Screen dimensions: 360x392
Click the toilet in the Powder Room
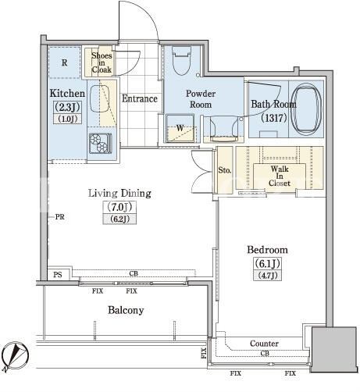(181, 61)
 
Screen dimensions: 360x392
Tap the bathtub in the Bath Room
(306, 109)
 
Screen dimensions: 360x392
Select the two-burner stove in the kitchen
(100, 143)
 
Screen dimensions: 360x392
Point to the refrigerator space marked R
(64, 62)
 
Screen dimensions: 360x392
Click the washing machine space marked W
(180, 128)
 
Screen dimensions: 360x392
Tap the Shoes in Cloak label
(102, 62)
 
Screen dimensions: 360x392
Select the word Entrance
(140, 98)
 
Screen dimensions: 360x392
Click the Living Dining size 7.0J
(119, 207)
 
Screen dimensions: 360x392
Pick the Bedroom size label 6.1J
(267, 264)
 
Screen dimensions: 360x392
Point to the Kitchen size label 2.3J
(67, 107)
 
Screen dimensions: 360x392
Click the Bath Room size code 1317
(274, 118)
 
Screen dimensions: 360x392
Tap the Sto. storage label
(225, 170)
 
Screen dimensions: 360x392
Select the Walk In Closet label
(280, 176)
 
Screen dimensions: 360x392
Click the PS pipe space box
(58, 274)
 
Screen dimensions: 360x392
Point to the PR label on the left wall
(60, 216)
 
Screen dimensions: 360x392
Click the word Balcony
(126, 310)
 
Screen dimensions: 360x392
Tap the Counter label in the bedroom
(264, 344)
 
